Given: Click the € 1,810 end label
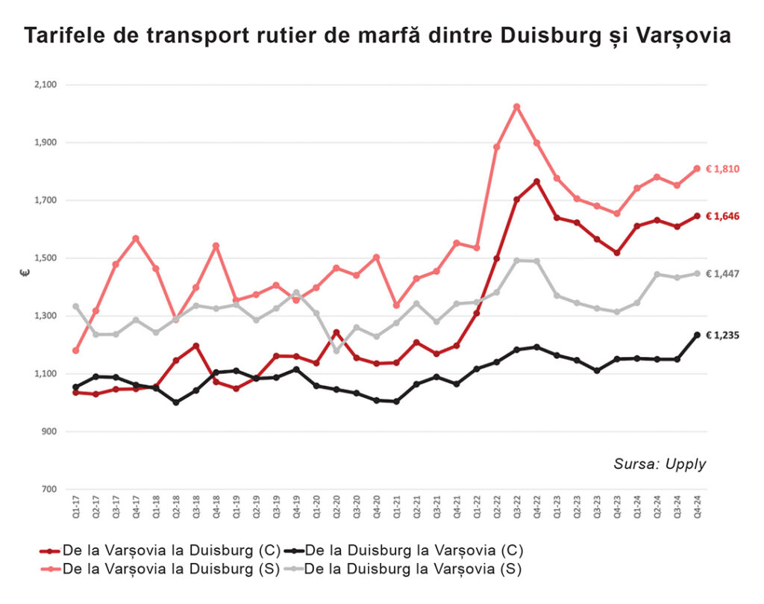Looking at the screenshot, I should tap(722, 169).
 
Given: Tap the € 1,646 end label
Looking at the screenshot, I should tap(722, 217).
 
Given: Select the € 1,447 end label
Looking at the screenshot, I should tap(722, 274).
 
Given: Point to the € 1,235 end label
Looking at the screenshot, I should tap(722, 335).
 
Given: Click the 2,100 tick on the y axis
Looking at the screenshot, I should tap(45, 85).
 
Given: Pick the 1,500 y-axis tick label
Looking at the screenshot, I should tap(45, 258).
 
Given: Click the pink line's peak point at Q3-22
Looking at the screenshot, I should tap(516, 107).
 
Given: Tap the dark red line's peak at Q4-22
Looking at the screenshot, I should tap(536, 181).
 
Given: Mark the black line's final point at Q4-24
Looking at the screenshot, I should tap(697, 335).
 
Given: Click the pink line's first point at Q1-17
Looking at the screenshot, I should tap(75, 351).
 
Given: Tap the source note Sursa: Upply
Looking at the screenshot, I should tap(660, 464).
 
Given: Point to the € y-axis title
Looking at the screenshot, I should tap(24, 273).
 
